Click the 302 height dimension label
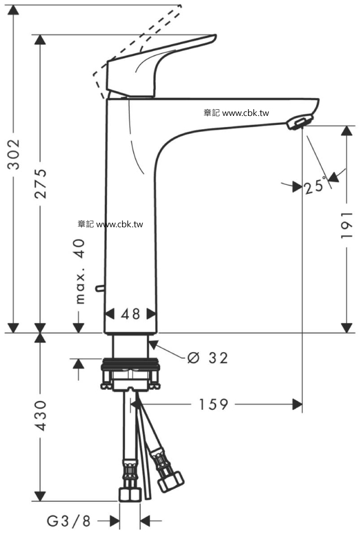pos(13,154)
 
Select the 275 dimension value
pos(41,184)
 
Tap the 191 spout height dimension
pos(347,225)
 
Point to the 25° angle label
pos(315,186)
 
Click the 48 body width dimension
pos(130,314)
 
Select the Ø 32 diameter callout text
pos(208,358)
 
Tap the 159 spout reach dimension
pos(213,404)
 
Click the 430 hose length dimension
pos(41,415)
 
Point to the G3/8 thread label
pos(68,521)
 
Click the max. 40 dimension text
pos(80,271)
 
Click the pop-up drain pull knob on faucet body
pos(100,288)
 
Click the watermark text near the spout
pos(236,113)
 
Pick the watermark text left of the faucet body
pos(110,225)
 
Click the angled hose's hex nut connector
pos(170,481)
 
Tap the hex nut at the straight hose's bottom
pos(130,494)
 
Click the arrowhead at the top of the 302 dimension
pos(13,10)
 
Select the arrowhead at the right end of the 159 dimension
pos(297,404)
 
